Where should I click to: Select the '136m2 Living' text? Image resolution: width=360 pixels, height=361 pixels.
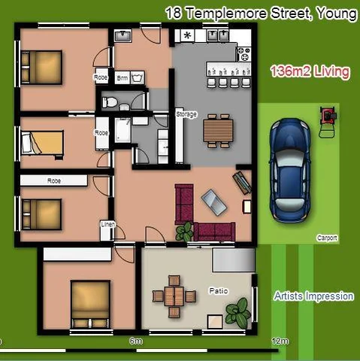coord(309,72)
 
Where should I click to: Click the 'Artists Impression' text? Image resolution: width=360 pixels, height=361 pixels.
coord(313,296)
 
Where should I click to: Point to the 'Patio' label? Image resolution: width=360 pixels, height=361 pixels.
coord(218,290)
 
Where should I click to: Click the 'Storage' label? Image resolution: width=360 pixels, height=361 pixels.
coord(186,114)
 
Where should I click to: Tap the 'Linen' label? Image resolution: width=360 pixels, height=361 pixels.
coord(107,225)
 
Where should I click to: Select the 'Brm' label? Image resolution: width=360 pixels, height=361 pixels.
coord(122,77)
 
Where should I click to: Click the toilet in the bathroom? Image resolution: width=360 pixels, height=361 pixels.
coord(110,101)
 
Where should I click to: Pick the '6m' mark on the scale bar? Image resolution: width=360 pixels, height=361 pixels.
coord(136,341)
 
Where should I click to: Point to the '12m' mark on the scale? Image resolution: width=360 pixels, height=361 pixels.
coord(280,341)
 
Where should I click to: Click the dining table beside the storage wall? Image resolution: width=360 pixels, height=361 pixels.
coord(219,132)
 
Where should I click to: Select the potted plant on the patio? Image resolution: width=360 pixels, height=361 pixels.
coord(239,311)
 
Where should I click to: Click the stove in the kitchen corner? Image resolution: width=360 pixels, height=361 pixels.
coord(244,53)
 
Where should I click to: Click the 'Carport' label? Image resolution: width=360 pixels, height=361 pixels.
coord(327,238)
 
